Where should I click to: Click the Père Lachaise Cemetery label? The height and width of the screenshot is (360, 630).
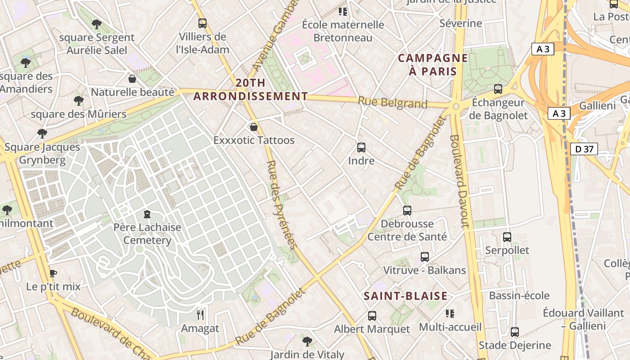147,234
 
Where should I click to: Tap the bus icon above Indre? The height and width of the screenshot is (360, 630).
361,147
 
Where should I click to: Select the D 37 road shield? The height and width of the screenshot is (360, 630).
584,149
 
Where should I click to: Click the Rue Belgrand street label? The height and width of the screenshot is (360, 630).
392,103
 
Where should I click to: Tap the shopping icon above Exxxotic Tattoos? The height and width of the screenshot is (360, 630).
254,127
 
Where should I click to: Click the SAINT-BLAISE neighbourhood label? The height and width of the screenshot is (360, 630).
405,296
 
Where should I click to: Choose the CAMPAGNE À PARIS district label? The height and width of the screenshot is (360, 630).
433,64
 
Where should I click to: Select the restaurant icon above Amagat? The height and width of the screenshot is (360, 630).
200,315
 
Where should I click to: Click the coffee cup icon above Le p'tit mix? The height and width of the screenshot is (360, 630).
53,273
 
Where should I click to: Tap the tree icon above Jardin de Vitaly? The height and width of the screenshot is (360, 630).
307,341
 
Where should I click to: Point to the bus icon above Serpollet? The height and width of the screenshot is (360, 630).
507,237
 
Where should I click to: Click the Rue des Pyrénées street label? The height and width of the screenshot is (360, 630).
281,204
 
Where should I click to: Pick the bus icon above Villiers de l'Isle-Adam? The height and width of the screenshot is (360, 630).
202,23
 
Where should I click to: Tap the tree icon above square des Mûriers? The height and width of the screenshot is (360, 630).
79,100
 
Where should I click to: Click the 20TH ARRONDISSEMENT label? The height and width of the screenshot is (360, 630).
251,90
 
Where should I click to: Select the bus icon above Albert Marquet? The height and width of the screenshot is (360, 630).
372,316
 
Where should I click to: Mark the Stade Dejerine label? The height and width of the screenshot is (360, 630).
515,345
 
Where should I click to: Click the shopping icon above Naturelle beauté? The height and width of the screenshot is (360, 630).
132,79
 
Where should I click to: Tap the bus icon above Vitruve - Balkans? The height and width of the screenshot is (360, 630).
425,257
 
